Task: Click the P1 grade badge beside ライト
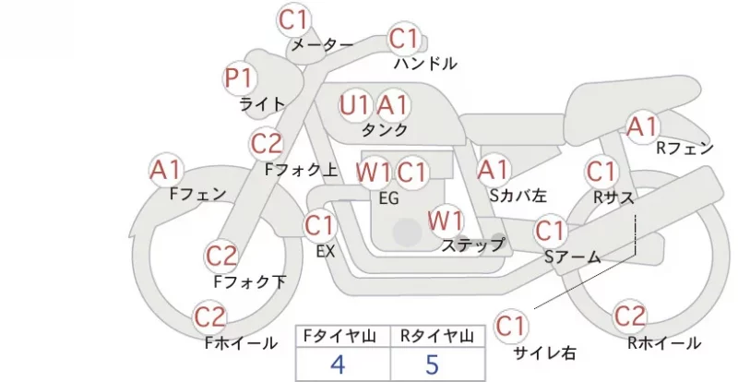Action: point(239,78)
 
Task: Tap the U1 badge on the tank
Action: point(354,105)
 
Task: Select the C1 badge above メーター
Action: point(293,19)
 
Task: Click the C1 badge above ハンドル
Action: point(404,39)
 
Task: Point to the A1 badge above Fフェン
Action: point(166,171)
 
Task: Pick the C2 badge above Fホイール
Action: point(210,317)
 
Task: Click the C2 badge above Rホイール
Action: point(630,316)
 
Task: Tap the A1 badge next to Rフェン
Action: point(642,127)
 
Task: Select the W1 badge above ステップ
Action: point(446,221)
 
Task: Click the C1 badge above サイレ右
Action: point(510,326)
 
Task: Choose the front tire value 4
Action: point(338,364)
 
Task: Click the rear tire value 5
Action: point(432,364)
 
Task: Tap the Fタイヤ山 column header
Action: point(339,336)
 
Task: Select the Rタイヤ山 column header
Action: point(437,336)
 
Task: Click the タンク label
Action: point(384,129)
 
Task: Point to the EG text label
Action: point(388,198)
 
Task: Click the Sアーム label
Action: point(573,257)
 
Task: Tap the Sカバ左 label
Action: point(518,195)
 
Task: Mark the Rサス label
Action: point(613,197)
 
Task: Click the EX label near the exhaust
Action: point(326,252)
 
